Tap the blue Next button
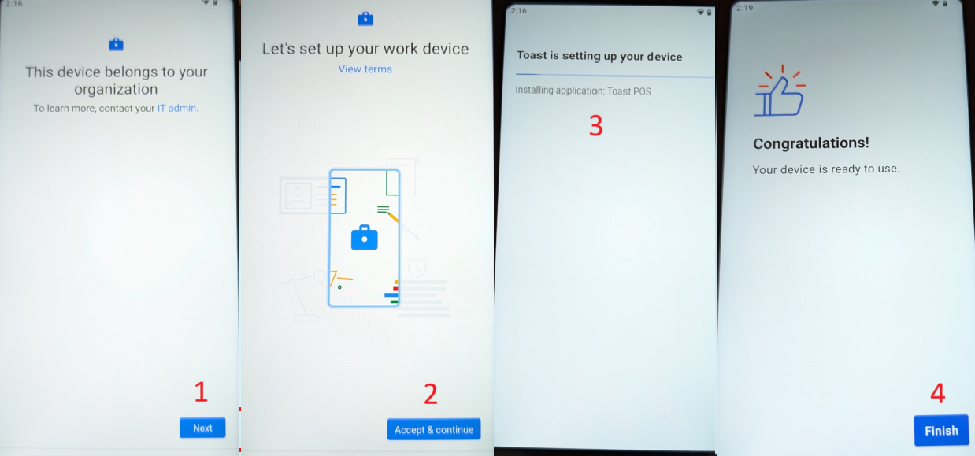202,428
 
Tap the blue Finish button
941,430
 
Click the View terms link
365,69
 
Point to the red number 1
201,391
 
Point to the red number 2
430,394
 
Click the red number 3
596,125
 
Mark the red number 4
937,394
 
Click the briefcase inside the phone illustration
364,237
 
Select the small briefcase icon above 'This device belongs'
116,44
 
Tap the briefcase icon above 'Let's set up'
365,18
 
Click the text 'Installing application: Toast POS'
583,91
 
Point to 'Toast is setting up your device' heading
599,56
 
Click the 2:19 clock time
744,8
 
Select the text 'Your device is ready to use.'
825,169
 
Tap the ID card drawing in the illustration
299,195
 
